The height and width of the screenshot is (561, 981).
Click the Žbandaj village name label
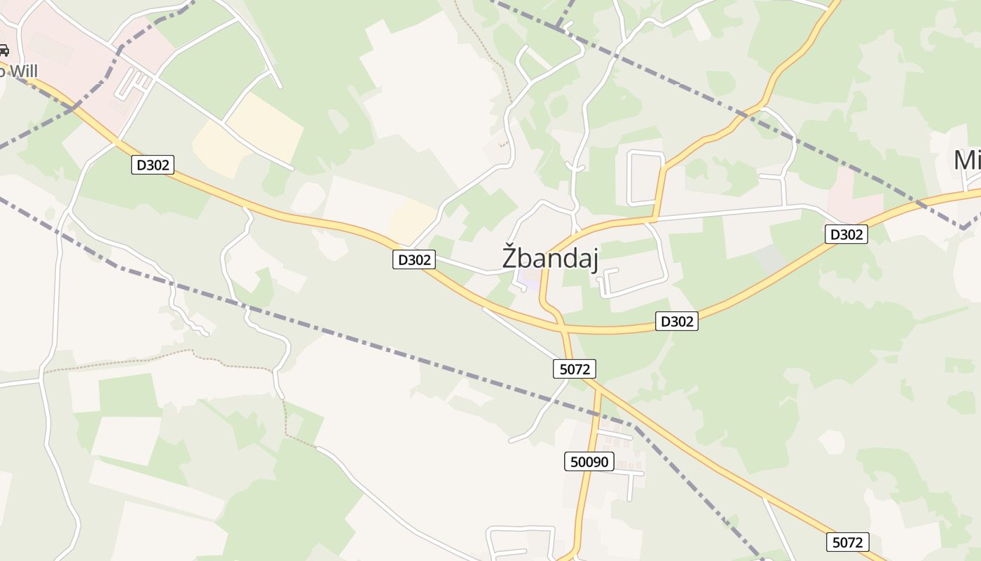pos(551,257)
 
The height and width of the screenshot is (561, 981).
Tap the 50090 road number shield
pos(589,461)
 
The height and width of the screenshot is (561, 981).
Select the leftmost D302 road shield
pos(152,165)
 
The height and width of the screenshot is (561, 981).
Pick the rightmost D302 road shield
pos(846,234)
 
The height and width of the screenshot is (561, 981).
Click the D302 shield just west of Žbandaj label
pos(413,259)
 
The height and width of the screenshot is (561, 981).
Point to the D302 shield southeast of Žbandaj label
pos(677,321)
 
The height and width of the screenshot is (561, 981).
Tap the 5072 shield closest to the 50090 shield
pos(575,369)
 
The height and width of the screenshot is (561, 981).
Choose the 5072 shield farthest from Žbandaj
pos(848,542)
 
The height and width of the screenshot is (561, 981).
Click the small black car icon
pos(4,50)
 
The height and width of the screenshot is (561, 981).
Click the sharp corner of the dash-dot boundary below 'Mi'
pos(963,228)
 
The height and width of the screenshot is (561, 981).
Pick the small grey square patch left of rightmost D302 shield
pos(770,259)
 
